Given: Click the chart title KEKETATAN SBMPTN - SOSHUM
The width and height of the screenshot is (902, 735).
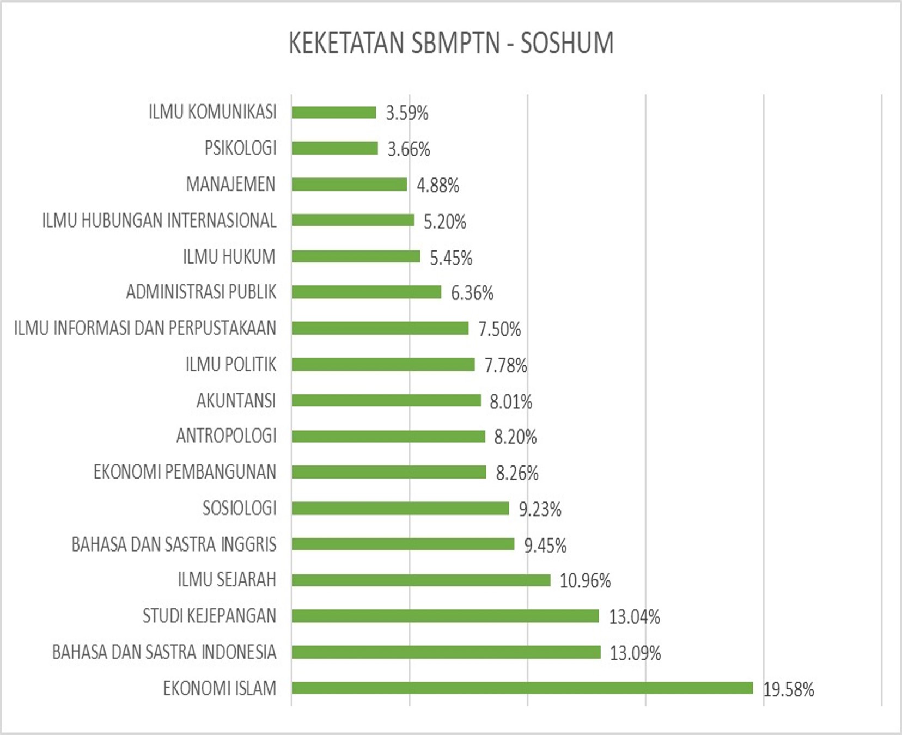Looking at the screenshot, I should tap(451, 43).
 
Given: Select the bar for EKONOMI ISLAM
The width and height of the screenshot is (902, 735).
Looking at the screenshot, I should tap(522, 688).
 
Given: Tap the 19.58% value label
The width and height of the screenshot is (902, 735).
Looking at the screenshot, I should tap(788, 690).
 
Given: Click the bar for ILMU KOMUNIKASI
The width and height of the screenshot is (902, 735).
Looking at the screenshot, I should tap(334, 112).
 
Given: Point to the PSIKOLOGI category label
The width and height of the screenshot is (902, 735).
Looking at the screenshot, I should tap(240, 148).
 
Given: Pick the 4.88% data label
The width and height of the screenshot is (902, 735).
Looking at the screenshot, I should tap(438, 186).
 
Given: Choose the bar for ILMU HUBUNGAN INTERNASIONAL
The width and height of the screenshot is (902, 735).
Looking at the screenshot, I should tap(353, 220).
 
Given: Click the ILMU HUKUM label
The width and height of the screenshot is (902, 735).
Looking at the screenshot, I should tap(229, 256).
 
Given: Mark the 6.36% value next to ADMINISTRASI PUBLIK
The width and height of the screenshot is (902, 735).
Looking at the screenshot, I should tap(472, 293).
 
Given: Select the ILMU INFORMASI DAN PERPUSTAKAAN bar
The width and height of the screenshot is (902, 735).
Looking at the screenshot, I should tap(380, 328).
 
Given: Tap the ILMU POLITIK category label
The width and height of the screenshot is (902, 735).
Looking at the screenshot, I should tap(231, 364).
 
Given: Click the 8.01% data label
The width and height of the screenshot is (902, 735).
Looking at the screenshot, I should tap(510, 402).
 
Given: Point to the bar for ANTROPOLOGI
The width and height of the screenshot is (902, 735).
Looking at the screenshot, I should tap(388, 436).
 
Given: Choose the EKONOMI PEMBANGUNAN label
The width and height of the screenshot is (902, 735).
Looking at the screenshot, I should tap(185, 472).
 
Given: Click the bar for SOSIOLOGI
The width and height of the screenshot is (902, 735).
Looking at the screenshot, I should tap(400, 509).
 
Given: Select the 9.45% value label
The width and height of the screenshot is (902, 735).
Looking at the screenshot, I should tap(545, 546).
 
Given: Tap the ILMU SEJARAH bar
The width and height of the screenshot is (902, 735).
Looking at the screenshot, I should tap(421, 580).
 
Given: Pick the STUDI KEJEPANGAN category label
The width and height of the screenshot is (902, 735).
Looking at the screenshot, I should tap(209, 616).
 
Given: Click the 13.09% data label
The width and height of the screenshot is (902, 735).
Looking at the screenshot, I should tap(635, 653).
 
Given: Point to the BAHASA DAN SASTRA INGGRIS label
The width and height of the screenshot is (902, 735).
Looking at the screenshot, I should tap(174, 544).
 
